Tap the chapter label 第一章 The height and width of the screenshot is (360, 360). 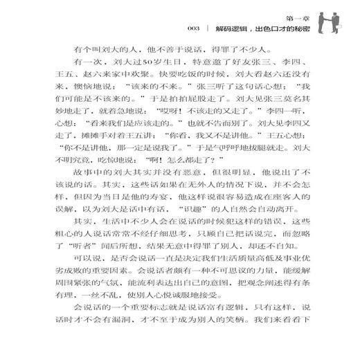295,14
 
